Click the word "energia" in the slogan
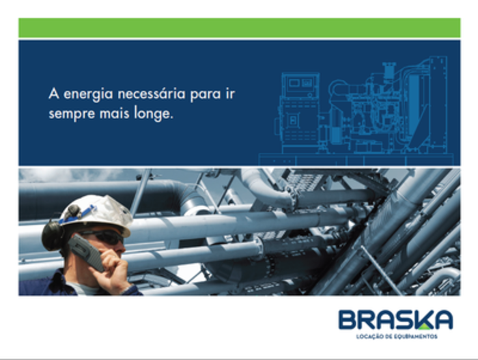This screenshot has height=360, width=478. tap(88, 94)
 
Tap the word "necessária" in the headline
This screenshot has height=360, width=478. tap(151, 94)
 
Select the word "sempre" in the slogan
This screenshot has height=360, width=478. tap(72, 115)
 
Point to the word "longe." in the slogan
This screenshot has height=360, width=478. tap(154, 114)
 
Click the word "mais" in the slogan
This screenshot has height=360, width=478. tap(114, 113)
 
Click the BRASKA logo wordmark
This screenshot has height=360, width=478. tap(395, 320)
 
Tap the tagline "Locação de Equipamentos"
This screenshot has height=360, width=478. tap(397, 337)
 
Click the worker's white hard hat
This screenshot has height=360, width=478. tap(97, 213)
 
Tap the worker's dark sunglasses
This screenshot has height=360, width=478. tap(105, 237)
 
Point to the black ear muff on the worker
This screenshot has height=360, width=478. tap(53, 236)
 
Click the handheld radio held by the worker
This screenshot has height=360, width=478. tap(87, 252)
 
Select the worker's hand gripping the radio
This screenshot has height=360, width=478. tap(113, 271)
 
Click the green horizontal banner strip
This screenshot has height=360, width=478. tap(239, 28)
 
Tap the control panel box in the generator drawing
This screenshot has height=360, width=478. tap(300, 84)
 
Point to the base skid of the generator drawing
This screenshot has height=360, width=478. tap(356, 159)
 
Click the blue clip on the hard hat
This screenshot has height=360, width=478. tap(79, 215)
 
